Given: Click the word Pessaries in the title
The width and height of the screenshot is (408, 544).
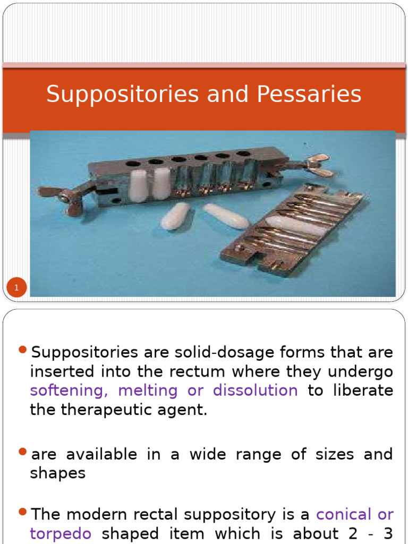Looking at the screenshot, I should click(x=309, y=95).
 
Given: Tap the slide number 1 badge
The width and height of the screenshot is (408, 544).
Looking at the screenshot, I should click(x=16, y=288).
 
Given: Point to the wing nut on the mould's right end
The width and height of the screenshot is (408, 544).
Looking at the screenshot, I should click(x=319, y=165).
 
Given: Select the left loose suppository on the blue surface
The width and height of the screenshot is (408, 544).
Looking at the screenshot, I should click(x=176, y=216).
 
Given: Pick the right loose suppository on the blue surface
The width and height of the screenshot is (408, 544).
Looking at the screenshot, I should click(x=226, y=216).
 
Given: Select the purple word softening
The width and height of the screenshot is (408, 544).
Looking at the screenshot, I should click(x=70, y=390).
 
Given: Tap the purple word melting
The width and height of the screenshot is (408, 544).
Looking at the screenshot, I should click(x=148, y=390).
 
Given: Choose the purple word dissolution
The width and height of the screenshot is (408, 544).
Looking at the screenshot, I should click(x=255, y=390).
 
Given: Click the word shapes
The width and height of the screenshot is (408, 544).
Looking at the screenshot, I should click(x=57, y=473).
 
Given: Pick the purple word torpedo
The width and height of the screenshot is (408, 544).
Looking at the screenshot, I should click(x=61, y=533).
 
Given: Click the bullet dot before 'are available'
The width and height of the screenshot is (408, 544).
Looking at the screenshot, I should click(x=22, y=452).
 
